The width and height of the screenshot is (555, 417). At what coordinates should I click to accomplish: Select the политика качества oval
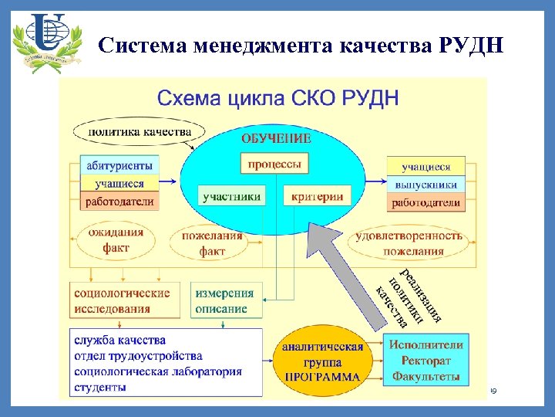pos(140,132)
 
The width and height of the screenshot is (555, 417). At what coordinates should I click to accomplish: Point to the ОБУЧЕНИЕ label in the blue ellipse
pos(276,139)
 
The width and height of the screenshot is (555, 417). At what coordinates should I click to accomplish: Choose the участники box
pos(231,197)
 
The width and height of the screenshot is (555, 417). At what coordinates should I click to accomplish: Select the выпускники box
pos(426,185)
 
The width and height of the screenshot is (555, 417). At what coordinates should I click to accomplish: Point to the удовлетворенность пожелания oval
pos(409,242)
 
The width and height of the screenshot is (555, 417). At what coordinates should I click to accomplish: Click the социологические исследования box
pos(122,300)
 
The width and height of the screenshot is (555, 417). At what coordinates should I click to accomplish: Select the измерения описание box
pos(224,300)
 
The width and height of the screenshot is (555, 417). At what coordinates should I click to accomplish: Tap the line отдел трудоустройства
pos(139,356)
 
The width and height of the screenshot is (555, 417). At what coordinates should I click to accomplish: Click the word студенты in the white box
pos(101,387)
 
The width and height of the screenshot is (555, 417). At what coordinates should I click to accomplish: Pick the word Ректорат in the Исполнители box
pos(426,361)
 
